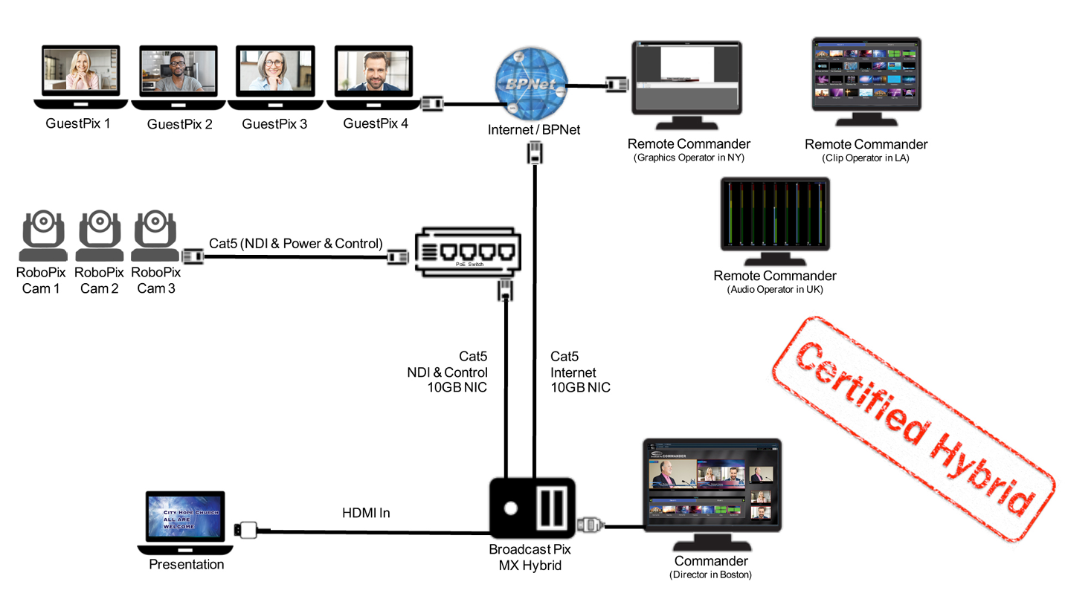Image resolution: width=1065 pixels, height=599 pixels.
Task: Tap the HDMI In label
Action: tap(366, 513)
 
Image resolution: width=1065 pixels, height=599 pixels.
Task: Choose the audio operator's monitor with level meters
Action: tap(775, 216)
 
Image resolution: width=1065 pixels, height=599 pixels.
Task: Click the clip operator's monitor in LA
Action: tap(866, 74)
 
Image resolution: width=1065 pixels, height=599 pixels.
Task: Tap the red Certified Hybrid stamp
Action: tap(916, 429)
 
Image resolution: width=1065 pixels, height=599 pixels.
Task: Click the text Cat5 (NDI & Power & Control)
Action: tap(296, 243)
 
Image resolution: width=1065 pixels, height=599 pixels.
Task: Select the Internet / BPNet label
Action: tap(534, 130)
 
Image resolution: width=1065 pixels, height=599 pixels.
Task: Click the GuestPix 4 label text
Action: tap(376, 124)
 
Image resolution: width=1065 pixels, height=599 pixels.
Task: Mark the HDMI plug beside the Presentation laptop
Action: tap(248, 530)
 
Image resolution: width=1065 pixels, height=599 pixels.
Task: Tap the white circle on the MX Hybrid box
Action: tap(511, 509)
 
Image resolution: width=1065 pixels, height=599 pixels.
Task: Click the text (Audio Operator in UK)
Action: tap(775, 290)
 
